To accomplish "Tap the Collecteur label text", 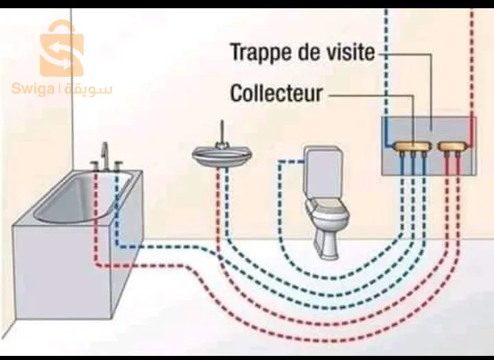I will point(276,93).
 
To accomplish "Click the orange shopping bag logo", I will point(61,49).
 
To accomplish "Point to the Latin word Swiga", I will point(34,88).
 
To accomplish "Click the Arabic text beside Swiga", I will point(89,88).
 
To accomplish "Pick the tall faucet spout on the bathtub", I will point(105,154).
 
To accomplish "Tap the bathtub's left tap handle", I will point(94,164).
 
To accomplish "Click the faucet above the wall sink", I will point(221,134).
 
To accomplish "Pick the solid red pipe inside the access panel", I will point(472,130).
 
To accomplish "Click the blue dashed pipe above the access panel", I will point(386,62).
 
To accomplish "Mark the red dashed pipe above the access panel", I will point(472,62).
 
